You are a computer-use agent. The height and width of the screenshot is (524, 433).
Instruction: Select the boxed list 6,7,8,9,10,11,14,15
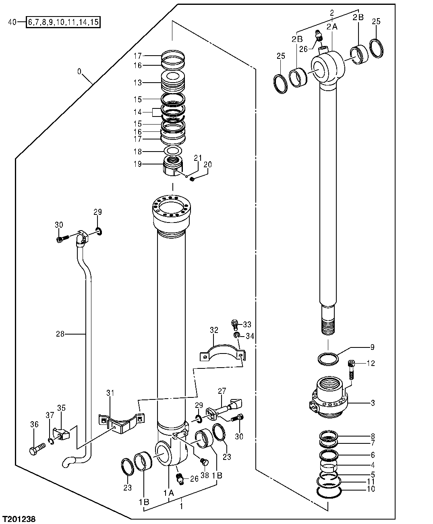63,22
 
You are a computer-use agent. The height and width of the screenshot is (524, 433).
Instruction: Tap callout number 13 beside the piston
138,83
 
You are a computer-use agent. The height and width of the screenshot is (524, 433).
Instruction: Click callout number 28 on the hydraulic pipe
60,333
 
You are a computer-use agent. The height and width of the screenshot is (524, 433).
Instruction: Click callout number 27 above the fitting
222,391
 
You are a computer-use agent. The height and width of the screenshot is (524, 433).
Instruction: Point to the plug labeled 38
203,461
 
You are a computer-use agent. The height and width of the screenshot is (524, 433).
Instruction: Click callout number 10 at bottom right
371,489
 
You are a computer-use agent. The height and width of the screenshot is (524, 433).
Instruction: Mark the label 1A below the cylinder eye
168,492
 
